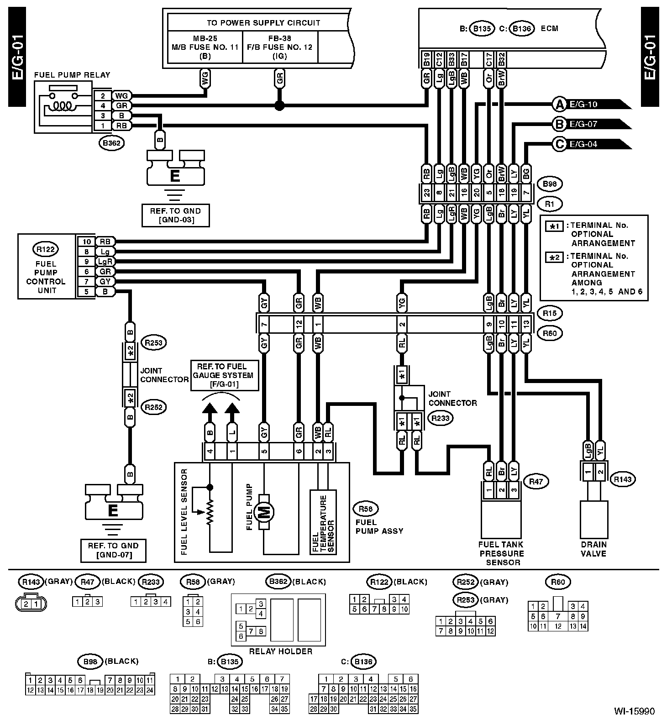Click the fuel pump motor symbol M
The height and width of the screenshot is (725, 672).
(x=264, y=512)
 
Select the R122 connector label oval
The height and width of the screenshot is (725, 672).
(x=46, y=249)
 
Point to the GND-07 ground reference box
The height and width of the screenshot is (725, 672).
(x=113, y=550)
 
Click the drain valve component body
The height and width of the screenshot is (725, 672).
(x=593, y=519)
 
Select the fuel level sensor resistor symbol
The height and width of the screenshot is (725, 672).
(x=210, y=512)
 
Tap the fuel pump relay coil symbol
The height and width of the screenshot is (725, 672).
(x=59, y=106)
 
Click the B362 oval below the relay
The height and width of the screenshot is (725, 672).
(x=111, y=143)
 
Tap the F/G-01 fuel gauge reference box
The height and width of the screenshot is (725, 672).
(x=225, y=375)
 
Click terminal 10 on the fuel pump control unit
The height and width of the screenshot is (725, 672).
(x=86, y=242)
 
